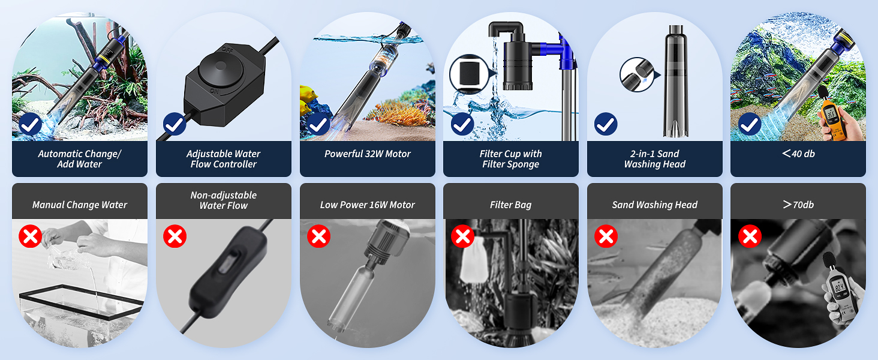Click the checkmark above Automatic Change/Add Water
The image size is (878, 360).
click(x=30, y=125)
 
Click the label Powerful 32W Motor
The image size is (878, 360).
click(x=367, y=154)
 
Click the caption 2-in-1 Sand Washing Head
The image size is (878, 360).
click(x=654, y=159)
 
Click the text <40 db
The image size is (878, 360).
click(x=798, y=154)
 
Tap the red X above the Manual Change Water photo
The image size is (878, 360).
click(x=30, y=236)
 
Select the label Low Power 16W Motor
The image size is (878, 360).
click(x=367, y=205)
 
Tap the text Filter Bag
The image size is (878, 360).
click(x=510, y=205)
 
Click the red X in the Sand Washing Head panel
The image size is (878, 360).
click(x=606, y=236)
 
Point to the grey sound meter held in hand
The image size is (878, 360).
click(x=838, y=288)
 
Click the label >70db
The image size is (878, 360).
click(x=798, y=205)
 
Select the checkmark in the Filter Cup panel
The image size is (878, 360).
click(x=462, y=125)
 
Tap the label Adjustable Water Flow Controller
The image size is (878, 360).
click(x=223, y=159)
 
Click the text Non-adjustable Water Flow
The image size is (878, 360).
click(x=223, y=200)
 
